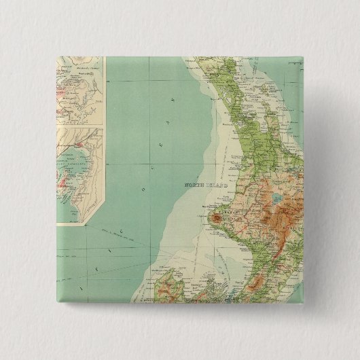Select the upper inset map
(78, 91)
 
